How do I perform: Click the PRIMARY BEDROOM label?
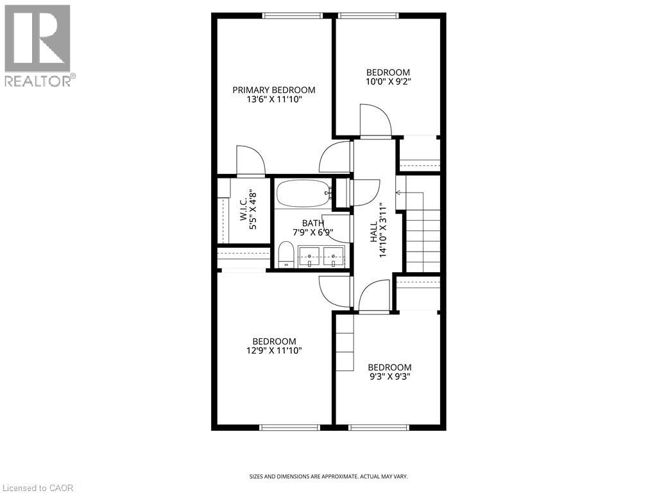click(x=274, y=90)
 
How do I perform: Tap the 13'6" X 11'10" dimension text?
click(x=274, y=99)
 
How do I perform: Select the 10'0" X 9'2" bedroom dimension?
click(x=388, y=82)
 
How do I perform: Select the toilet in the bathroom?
click(x=286, y=254)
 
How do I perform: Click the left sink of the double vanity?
click(x=310, y=256)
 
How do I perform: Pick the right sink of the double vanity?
click(x=334, y=256)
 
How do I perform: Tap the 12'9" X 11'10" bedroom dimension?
click(x=274, y=350)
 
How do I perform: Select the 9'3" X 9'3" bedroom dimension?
click(x=389, y=377)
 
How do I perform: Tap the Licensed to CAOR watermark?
click(x=37, y=488)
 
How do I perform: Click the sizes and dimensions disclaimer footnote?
click(x=328, y=476)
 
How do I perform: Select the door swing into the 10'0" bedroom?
click(x=375, y=122)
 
